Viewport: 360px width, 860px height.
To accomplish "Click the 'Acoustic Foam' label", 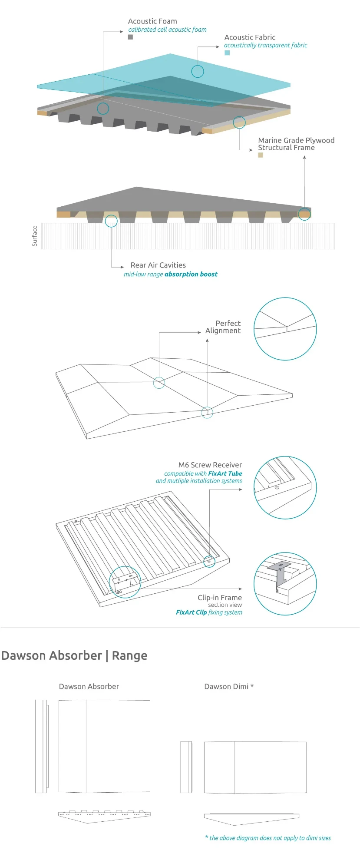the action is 152,21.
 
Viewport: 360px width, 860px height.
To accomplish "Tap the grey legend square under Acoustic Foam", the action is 130,37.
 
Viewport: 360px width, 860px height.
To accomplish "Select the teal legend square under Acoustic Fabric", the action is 227,53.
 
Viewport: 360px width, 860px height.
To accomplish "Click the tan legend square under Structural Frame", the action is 261,155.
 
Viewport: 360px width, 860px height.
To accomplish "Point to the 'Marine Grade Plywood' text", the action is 296,140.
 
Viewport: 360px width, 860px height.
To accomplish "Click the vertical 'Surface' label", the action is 35,236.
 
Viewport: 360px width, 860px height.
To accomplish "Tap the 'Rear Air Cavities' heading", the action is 158,265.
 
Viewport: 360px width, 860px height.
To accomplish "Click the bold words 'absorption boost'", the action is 191,274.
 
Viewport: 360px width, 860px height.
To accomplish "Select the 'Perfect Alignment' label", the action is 223,327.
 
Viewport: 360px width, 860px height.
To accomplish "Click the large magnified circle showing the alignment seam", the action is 285,329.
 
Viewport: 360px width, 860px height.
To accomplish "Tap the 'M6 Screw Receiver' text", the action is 210,465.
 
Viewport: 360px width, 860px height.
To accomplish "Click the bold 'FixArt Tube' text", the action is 225,473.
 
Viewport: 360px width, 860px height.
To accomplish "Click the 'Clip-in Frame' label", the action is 220,598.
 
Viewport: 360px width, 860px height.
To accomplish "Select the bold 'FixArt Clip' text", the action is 191,612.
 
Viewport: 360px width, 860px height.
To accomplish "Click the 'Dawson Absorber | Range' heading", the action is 74,655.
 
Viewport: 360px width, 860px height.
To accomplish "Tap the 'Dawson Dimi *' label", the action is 229,686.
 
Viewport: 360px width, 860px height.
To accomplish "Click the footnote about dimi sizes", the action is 268,838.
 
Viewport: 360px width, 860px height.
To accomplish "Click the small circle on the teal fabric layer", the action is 198,71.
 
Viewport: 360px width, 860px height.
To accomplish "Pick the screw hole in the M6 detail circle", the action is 277,487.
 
